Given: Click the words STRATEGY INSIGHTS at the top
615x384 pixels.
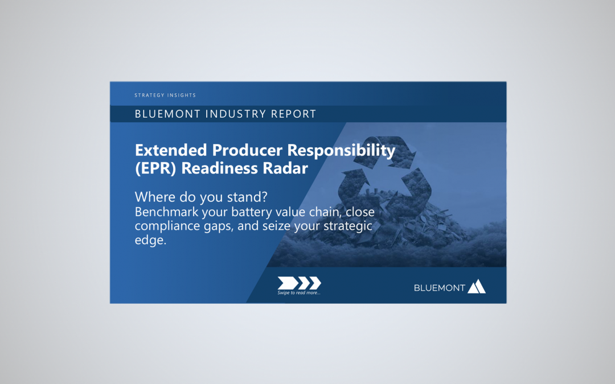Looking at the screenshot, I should point(165,96).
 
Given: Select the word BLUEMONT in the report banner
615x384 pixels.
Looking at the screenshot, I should point(168,114).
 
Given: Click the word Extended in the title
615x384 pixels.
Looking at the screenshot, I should point(171,150).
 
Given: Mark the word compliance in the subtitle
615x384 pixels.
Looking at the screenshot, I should point(166,226).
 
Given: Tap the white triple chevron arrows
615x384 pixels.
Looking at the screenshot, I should point(299,283).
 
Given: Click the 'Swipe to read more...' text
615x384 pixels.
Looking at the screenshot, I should point(299,292).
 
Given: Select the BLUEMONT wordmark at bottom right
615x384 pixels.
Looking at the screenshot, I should point(440,288).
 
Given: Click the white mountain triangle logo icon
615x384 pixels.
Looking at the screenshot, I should point(477,286).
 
